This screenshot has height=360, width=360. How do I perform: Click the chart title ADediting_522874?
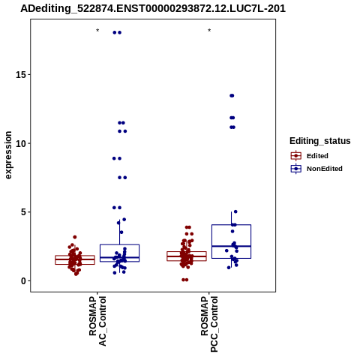coord(153,8)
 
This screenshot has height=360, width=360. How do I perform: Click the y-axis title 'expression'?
coord(8,155)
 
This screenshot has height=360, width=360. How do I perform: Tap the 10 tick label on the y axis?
coord(21,143)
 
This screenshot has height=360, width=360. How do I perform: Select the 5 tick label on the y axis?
coord(24,212)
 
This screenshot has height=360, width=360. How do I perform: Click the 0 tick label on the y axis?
coord(24,281)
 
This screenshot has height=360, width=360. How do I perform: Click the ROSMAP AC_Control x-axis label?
coord(97,321)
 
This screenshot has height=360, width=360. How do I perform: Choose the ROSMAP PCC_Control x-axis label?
coord(209,324)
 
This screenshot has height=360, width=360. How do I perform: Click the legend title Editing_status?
coord(320,141)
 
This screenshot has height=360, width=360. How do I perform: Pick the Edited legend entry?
coord(310,156)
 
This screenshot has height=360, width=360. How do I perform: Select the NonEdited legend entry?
coord(316,169)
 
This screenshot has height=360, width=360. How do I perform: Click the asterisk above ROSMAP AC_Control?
coord(97,31)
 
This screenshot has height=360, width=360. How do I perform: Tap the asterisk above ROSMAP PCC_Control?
coord(209,31)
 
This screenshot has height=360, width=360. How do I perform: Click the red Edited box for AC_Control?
coord(75,260)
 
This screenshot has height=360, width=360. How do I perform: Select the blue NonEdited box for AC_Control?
coord(119,253)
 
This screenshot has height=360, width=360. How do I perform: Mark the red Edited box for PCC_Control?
coord(187,256)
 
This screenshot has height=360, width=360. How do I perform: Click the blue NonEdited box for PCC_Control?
coord(231,241)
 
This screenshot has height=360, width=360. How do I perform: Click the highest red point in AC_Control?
coord(75,237)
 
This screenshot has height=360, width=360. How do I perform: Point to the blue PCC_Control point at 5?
coord(235,211)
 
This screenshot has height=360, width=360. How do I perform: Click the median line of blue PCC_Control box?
coord(231,246)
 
